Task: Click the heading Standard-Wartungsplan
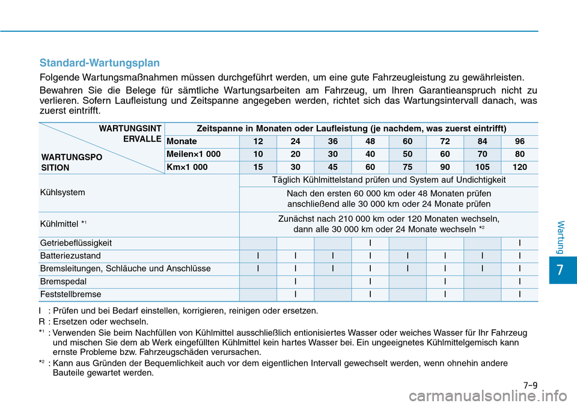(99, 62)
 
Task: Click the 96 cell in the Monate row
(519, 141)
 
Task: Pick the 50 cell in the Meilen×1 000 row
(408, 154)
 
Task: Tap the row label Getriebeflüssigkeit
(76, 243)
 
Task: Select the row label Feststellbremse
(70, 294)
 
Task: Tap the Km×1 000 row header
(188, 168)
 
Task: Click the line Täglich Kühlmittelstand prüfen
(388, 180)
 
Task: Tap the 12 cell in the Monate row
(258, 141)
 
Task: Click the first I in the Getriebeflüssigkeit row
(370, 243)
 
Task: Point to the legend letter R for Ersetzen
(40, 321)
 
